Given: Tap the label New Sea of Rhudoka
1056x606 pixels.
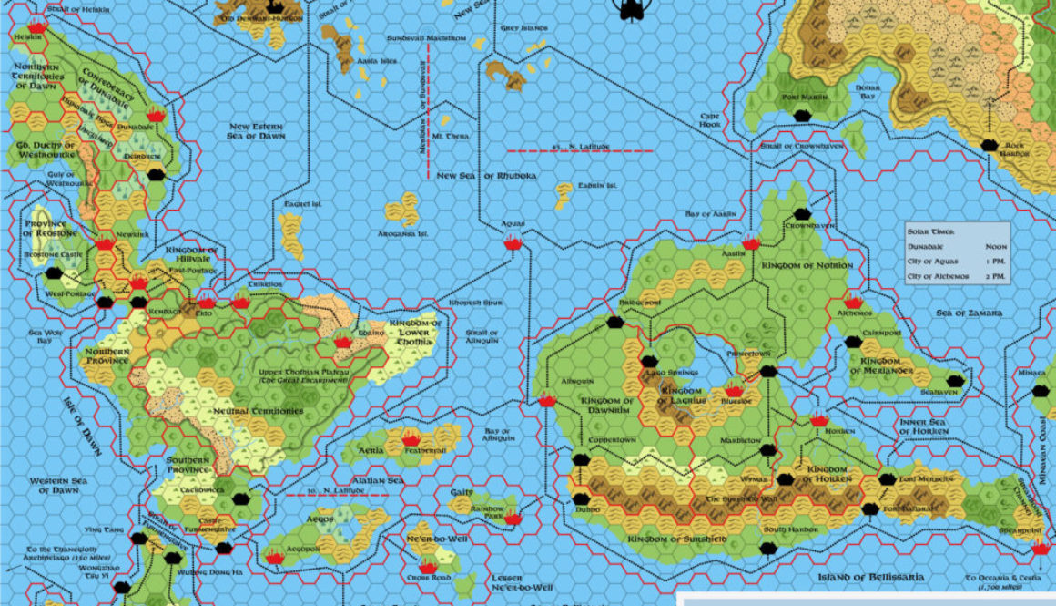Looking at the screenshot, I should click(x=485, y=176).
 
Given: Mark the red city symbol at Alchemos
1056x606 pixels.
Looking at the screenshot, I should click(x=853, y=302).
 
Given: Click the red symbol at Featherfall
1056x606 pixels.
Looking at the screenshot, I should click(x=410, y=437).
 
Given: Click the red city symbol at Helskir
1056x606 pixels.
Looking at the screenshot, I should click(x=36, y=26).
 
